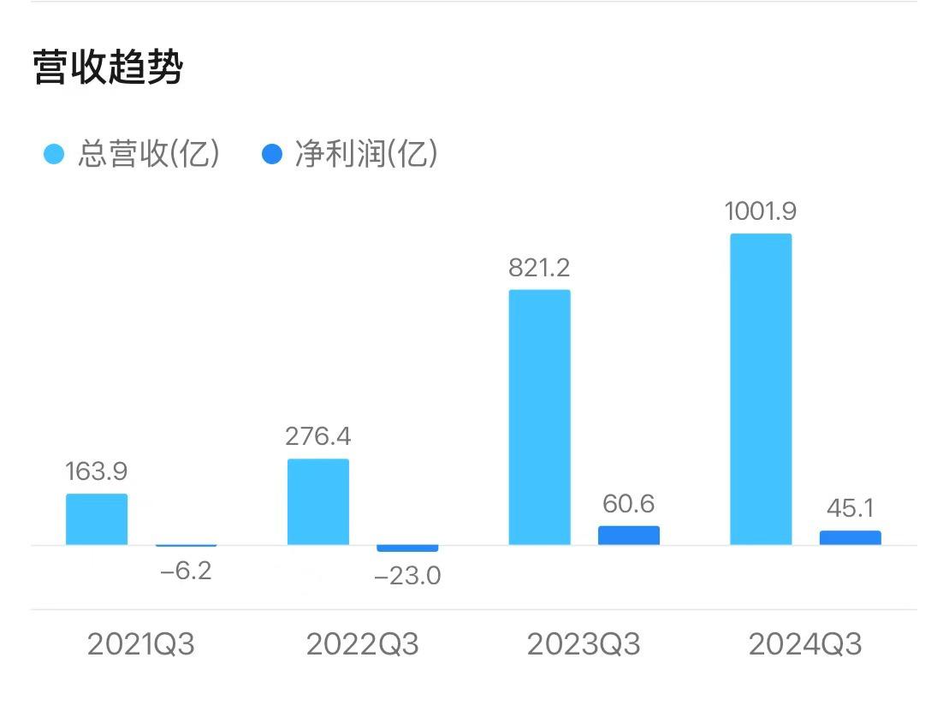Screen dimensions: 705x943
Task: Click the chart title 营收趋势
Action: tap(108, 68)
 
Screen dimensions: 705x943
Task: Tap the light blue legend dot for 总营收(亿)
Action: tap(54, 155)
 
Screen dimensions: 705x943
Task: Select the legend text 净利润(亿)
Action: tap(366, 155)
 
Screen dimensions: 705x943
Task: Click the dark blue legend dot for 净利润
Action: tap(271, 155)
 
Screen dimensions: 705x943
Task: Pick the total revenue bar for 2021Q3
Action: tap(97, 519)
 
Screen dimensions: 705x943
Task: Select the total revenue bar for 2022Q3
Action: tap(318, 501)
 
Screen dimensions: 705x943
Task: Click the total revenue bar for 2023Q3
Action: tap(539, 417)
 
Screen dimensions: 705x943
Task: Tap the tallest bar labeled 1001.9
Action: tap(761, 389)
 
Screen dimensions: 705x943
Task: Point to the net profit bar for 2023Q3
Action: tap(629, 536)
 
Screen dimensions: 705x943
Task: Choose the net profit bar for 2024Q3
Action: tap(850, 538)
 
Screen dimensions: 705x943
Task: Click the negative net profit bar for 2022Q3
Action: tap(407, 548)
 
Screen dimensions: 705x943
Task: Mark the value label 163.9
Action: tap(96, 471)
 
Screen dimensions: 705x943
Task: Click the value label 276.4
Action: tap(318, 436)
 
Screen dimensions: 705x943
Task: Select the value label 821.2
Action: tap(539, 268)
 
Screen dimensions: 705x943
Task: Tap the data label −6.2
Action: tap(186, 571)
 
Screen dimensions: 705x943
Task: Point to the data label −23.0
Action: tap(407, 576)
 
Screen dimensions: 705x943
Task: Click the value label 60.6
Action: tap(629, 504)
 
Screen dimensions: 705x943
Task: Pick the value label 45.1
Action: tap(850, 508)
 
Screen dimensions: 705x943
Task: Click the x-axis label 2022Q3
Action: tap(363, 644)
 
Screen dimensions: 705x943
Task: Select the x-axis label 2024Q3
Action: tap(805, 644)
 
